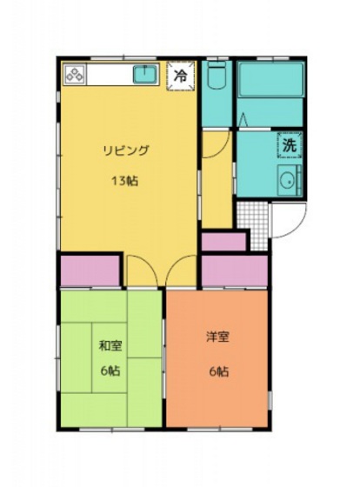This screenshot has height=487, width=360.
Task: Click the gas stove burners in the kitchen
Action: tap(74, 76)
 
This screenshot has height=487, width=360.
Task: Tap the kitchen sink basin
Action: tap(144, 76)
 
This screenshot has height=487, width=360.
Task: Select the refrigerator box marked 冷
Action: tap(181, 76)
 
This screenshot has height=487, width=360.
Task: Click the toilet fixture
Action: tap(217, 77)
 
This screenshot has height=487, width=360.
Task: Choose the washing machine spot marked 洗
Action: tap(288, 146)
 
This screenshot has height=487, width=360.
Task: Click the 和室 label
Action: tap(110, 345)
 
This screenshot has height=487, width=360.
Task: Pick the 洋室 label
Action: tap(217, 337)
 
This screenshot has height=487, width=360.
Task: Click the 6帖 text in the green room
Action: tap(110, 370)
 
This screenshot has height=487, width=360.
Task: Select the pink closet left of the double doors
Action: tap(90, 270)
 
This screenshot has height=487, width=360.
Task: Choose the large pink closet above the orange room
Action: tap(234, 270)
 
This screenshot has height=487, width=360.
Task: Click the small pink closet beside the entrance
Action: tap(224, 241)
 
